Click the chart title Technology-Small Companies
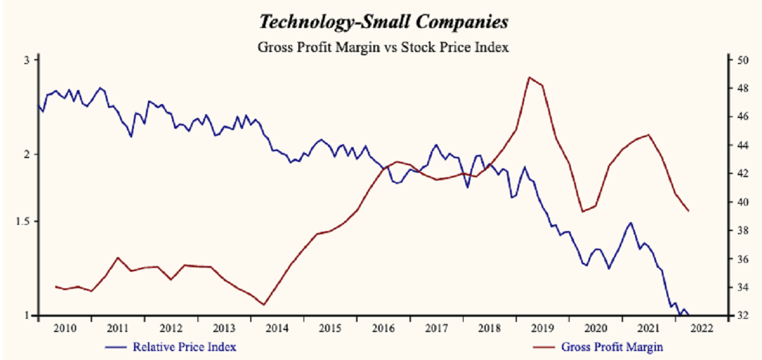tap(383, 22)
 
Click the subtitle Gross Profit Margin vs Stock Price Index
tap(383, 47)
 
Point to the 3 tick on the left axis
tap(27, 60)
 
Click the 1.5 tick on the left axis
tap(22, 222)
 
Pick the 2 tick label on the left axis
tap(27, 154)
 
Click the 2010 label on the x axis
tap(65, 328)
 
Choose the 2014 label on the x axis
tap(277, 328)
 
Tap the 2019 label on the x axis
tap(542, 328)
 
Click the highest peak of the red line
tap(529, 77)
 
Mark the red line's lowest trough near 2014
tap(263, 305)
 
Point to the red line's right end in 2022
tap(689, 211)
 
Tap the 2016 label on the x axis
tap(383, 328)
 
